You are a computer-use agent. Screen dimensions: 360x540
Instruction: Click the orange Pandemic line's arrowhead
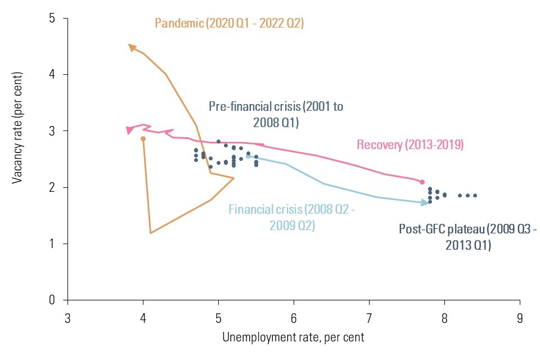[x=132, y=47]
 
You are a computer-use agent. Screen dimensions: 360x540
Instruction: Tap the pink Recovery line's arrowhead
[x=130, y=130]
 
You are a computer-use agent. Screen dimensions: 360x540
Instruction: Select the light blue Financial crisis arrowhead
[x=425, y=202]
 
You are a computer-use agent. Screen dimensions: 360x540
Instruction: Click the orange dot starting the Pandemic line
[x=143, y=138]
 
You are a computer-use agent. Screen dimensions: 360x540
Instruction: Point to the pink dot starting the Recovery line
[x=422, y=182]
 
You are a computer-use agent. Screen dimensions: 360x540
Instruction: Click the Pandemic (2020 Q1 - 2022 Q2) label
[x=229, y=23]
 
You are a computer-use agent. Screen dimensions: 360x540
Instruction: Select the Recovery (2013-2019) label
[x=410, y=145]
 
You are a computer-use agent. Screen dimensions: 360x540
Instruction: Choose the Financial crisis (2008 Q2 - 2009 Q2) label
[x=292, y=218]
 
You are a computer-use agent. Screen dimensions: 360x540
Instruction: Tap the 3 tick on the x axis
[x=68, y=317]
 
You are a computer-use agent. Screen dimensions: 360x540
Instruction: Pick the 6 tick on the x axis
[x=294, y=317]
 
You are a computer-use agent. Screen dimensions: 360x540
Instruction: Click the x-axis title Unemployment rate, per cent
[x=293, y=337]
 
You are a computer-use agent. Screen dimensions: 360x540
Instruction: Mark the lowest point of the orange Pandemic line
[x=151, y=233]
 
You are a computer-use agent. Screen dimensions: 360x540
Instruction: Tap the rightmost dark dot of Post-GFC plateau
[x=475, y=196]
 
